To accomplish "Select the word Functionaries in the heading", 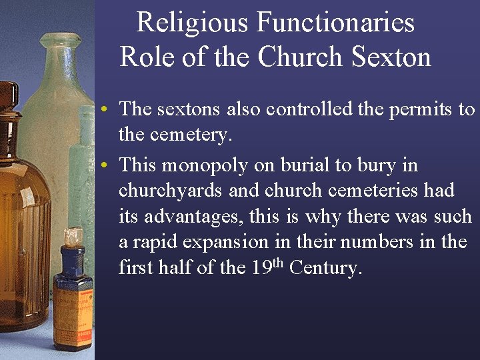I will click(335, 23).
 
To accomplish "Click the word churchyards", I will click(171, 191).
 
